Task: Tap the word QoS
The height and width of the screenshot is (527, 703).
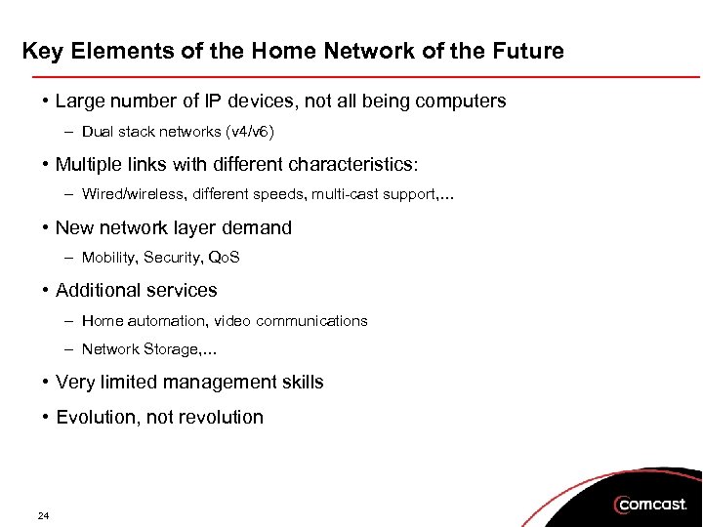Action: click(225, 258)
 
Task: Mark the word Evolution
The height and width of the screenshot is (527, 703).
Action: click(95, 417)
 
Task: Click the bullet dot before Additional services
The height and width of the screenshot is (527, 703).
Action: click(46, 290)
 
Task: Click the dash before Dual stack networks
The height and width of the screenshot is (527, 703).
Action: click(71, 131)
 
